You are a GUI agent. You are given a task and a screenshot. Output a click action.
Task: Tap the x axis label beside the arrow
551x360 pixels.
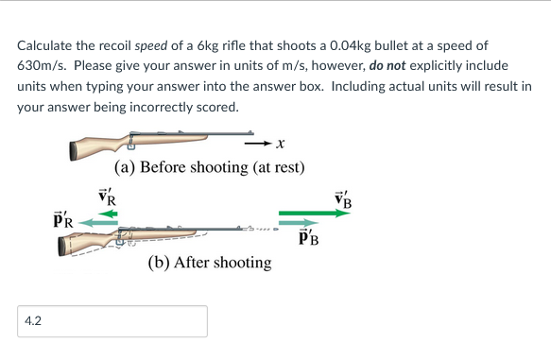click(x=280, y=145)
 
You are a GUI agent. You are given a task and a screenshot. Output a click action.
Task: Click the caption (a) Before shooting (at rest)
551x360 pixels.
click(x=209, y=168)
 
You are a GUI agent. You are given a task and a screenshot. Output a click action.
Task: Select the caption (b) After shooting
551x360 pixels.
click(x=209, y=263)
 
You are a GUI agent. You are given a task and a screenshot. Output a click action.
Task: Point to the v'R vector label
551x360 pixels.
click(x=108, y=197)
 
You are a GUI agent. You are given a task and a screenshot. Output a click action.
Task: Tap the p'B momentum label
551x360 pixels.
click(x=306, y=237)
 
